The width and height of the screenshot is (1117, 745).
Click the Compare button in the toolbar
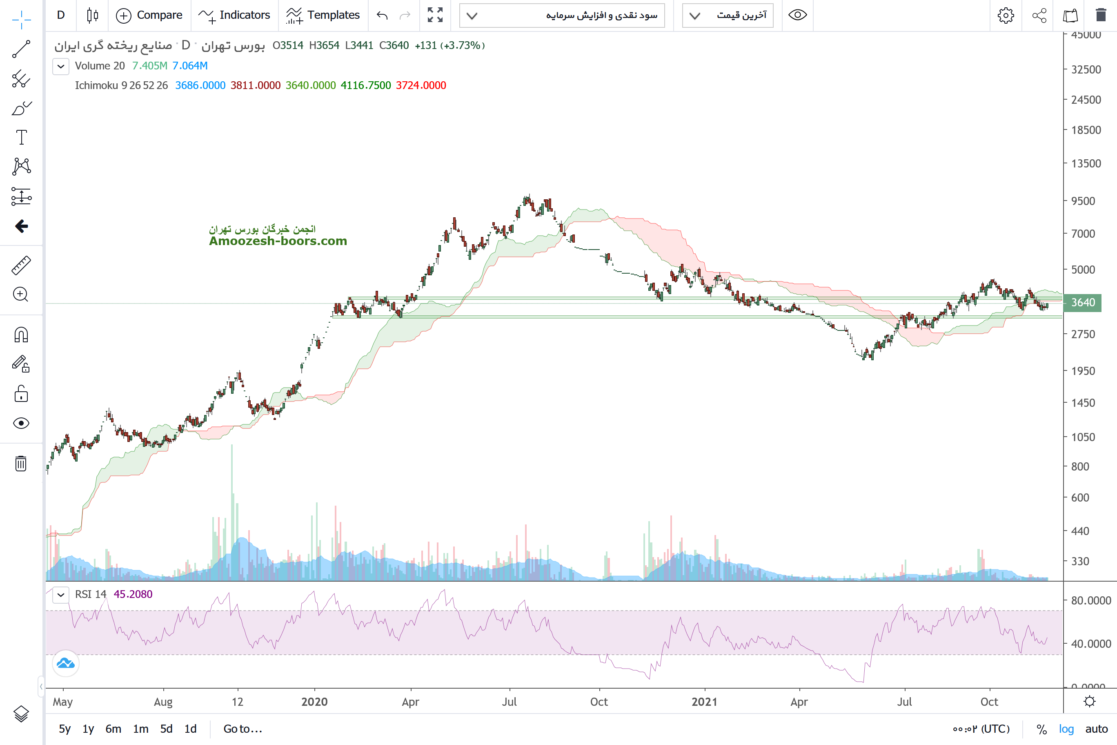[x=149, y=15]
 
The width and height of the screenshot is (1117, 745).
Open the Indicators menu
[x=235, y=15]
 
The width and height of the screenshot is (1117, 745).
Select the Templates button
[x=323, y=15]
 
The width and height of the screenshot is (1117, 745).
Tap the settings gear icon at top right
[x=1006, y=15]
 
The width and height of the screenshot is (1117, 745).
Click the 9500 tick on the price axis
[x=1083, y=201]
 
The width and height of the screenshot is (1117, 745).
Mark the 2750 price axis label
[x=1083, y=334]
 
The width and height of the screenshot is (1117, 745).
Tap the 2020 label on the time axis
[x=314, y=702]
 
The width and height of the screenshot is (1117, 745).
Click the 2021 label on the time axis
[x=704, y=702]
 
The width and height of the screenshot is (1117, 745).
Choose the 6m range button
[x=113, y=729]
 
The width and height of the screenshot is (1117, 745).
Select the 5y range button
[x=65, y=729]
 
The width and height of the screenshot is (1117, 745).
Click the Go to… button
[x=243, y=729]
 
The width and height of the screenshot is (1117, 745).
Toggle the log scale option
[x=1066, y=729]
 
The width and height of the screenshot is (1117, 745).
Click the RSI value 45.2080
[x=133, y=594]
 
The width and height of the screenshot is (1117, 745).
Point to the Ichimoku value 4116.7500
[x=366, y=85]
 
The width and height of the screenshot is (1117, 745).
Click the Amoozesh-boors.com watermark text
[x=278, y=241]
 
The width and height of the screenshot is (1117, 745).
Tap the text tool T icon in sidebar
[x=21, y=137]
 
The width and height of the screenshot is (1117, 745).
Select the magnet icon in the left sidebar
[x=21, y=335]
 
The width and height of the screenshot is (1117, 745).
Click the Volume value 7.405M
[x=149, y=66]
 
